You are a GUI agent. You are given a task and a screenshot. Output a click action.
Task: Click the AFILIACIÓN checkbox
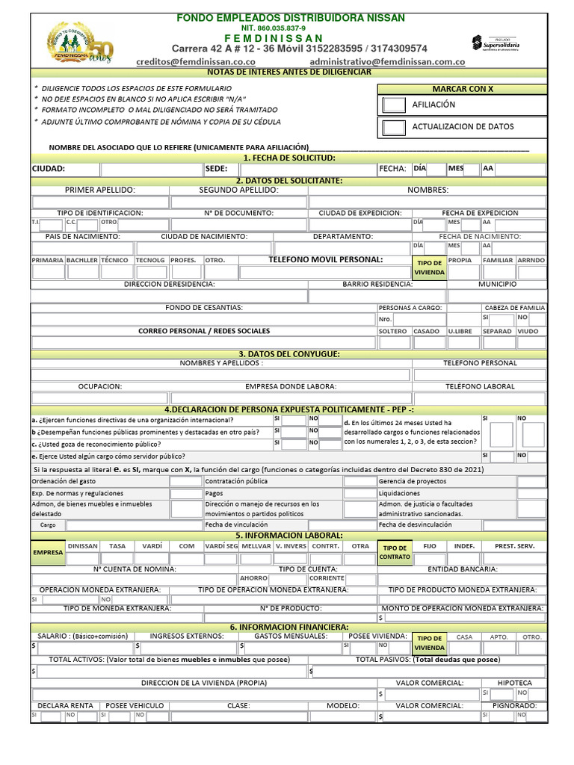[x=394, y=105]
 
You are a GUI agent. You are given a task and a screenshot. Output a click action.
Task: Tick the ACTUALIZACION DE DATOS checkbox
[x=394, y=127]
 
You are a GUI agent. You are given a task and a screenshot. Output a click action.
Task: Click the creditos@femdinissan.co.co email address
[x=196, y=62]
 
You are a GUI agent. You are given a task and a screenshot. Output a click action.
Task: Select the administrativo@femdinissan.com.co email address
[x=387, y=62]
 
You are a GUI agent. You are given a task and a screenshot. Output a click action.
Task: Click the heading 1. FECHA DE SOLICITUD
[x=289, y=158]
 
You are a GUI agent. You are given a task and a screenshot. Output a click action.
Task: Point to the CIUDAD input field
[x=149, y=169]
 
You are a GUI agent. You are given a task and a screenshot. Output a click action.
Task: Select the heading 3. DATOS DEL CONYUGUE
[x=289, y=353]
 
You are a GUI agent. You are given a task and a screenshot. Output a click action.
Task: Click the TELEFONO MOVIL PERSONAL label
[x=325, y=260]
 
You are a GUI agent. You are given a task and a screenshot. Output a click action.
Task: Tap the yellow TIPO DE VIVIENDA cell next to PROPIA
[x=430, y=268]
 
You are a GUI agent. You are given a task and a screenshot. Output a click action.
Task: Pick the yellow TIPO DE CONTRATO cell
[x=395, y=552]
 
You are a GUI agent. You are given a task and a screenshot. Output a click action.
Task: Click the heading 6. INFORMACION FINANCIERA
[x=289, y=626]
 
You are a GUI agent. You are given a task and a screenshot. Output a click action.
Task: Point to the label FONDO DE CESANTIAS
[x=203, y=308]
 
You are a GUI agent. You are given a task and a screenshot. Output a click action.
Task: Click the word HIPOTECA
[x=515, y=683]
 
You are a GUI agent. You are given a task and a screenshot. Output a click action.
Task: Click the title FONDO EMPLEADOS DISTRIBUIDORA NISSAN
[x=291, y=17]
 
